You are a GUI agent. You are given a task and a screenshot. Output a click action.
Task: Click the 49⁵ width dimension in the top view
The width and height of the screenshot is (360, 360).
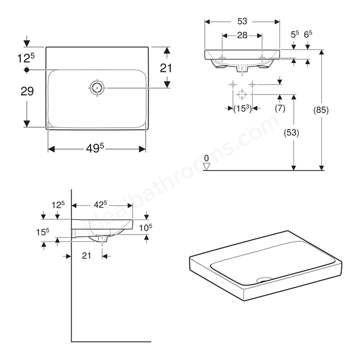[95, 148]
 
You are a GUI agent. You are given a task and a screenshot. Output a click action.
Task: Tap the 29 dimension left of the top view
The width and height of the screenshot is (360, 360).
[27, 91]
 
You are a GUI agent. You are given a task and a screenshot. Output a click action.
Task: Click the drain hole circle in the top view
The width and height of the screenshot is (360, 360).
[97, 88]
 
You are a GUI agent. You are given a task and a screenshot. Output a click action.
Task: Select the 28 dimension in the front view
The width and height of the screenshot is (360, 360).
[242, 35]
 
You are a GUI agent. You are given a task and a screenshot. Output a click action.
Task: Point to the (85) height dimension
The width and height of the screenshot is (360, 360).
[321, 110]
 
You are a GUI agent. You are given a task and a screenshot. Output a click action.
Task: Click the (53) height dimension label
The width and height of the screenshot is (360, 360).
[291, 133]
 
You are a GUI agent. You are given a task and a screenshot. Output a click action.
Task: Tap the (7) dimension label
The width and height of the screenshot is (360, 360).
[280, 108]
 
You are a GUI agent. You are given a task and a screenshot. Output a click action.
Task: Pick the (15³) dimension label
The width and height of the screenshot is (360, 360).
[242, 109]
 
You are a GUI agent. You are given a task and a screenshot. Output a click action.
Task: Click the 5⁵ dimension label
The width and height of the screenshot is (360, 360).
[295, 34]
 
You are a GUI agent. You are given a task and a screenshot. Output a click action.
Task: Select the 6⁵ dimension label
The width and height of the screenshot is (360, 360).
[308, 34]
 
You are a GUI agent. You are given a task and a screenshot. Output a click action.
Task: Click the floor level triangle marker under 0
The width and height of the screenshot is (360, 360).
[206, 166]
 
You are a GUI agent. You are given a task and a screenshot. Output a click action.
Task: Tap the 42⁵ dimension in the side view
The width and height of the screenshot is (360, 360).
[100, 205]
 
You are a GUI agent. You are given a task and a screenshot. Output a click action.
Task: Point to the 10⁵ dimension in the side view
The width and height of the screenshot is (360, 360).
[146, 227]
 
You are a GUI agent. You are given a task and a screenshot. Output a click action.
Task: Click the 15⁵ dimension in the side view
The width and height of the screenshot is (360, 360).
[43, 232]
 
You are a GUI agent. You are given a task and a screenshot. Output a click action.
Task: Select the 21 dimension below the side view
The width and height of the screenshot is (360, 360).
[86, 255]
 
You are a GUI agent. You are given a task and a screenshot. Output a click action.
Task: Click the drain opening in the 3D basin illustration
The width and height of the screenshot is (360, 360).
[264, 280]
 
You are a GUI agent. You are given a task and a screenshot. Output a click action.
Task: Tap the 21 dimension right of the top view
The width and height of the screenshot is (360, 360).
[166, 68]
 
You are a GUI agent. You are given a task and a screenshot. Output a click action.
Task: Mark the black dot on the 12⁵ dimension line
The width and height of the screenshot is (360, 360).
[27, 70]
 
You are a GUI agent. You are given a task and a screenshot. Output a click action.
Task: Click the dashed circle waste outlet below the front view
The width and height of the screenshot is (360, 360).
[242, 94]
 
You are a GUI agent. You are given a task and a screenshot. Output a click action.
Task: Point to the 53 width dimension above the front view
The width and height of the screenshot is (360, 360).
[242, 21]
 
